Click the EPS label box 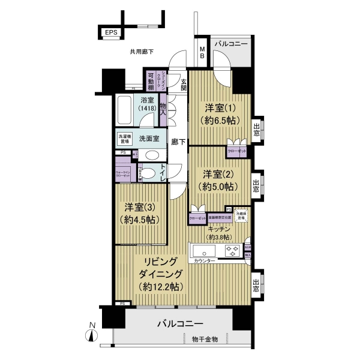pyautogui.click(x=110, y=33)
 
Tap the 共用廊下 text pyautogui.click(x=142, y=52)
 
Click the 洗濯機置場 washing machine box pyautogui.click(x=124, y=138)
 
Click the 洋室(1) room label pyautogui.click(x=218, y=113)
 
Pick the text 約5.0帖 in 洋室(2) pyautogui.click(x=218, y=186)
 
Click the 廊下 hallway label pyautogui.click(x=178, y=142)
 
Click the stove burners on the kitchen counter pyautogui.click(x=232, y=250)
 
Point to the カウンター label pyautogui.click(x=205, y=261)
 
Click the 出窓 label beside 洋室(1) pyautogui.click(x=257, y=130)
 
